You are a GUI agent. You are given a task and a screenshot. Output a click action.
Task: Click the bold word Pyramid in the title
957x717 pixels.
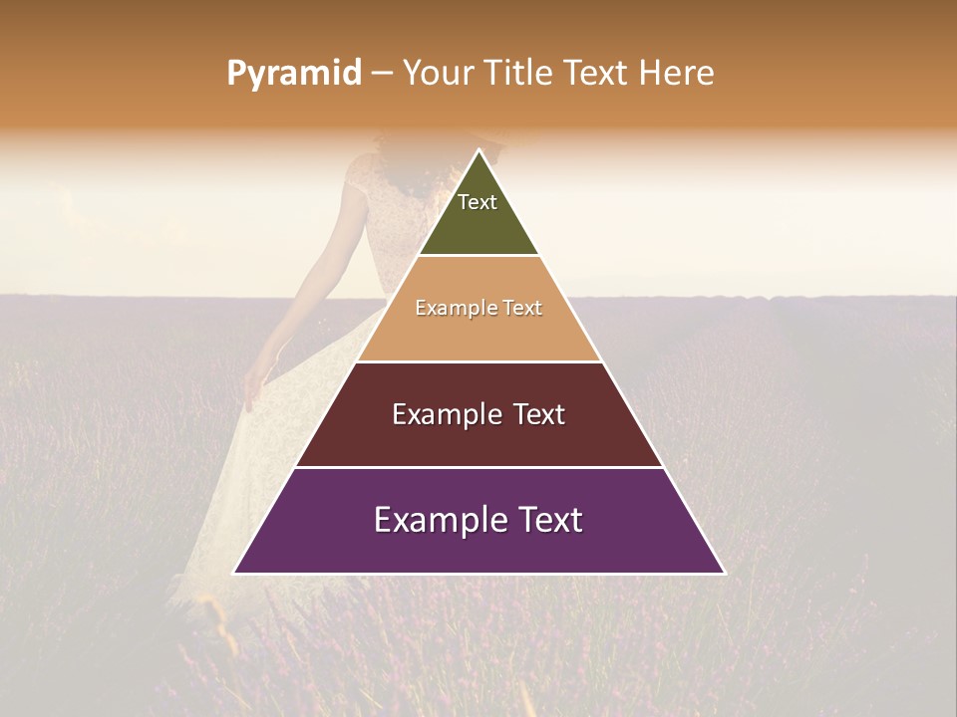point(294,73)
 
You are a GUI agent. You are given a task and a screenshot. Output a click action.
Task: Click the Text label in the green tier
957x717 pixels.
point(478,202)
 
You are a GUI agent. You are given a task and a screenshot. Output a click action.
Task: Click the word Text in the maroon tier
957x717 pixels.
point(540,414)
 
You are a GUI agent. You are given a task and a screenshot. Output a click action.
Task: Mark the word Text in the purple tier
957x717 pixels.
point(550,520)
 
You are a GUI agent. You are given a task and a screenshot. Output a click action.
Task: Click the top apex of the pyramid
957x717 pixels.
point(478,150)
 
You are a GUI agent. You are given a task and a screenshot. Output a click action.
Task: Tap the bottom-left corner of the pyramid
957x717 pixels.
point(234,573)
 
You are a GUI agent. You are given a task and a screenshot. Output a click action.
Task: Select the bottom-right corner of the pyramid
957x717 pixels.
point(724,573)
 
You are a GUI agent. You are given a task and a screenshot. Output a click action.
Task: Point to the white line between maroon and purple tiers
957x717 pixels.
point(478,467)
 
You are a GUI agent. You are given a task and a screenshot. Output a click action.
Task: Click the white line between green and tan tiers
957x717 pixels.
point(478,256)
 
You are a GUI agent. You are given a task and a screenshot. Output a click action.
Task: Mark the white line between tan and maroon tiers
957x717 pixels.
point(478,361)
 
